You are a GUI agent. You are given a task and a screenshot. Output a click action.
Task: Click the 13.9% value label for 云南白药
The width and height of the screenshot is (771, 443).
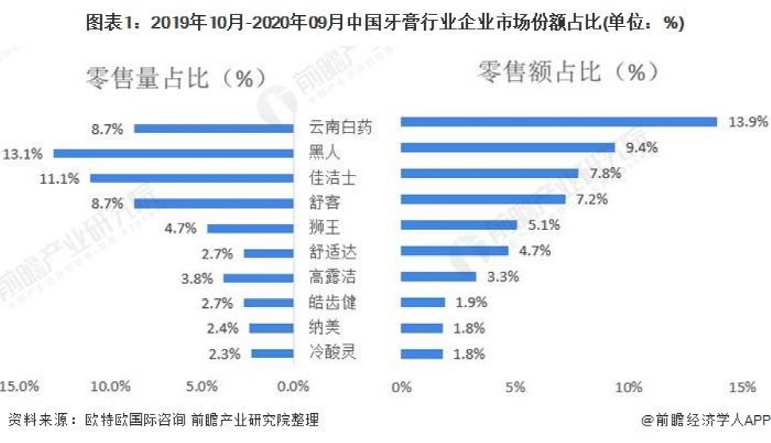pos(747,122)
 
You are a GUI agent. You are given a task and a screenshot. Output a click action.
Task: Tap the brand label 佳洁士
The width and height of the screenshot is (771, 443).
pos(332,177)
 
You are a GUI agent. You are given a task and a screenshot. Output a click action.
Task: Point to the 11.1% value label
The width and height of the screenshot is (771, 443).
pos(60,179)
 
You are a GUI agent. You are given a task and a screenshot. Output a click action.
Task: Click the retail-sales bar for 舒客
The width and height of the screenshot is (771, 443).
pos(482,199)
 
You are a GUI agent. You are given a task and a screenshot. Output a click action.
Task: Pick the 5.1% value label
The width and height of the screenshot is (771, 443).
pos(543,225)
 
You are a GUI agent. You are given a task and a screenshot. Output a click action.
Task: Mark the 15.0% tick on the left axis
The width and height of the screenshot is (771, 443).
pos(19,387)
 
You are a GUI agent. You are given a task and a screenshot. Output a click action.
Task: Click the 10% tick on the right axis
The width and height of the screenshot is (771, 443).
pos(629,387)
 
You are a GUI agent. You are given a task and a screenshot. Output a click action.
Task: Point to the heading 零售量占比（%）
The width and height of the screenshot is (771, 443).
pos(176,78)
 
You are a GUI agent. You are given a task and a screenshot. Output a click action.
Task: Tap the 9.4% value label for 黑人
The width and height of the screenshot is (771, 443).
pos(641,147)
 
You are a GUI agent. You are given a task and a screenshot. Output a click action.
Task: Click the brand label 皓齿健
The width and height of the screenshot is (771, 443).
pos(332,302)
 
